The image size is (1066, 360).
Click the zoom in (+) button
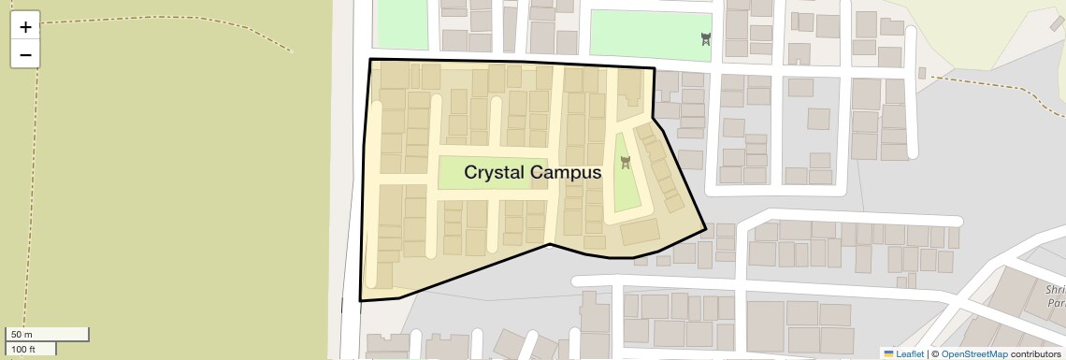click(25, 27)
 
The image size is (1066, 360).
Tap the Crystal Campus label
click(532, 172)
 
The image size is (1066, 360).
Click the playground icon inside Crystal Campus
click(626, 163)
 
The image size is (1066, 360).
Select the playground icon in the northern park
click(706, 38)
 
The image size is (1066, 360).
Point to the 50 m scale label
click(22, 335)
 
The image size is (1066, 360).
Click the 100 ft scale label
click(24, 349)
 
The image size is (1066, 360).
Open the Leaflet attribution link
click(910, 353)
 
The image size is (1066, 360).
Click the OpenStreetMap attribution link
click(974, 353)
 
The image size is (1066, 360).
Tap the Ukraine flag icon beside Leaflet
click(888, 353)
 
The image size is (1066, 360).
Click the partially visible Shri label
click(1055, 291)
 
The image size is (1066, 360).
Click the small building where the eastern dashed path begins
click(921, 73)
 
